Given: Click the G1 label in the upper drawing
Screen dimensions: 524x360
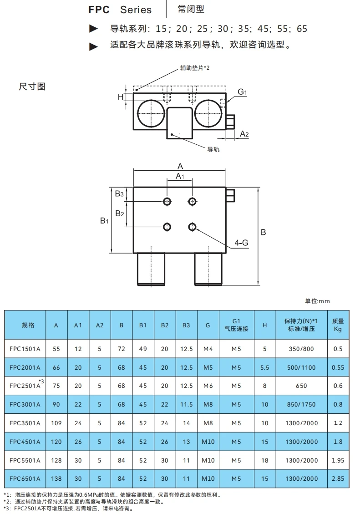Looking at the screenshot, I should (x=242, y=92).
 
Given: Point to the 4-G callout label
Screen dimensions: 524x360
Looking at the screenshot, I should (x=241, y=243).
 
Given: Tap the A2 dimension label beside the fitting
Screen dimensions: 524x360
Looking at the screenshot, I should (x=244, y=133).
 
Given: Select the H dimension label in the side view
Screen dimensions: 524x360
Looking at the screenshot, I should (x=121, y=97).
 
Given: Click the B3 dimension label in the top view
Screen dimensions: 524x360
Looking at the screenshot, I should (x=119, y=194).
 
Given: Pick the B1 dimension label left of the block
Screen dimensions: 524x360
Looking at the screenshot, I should (x=104, y=220).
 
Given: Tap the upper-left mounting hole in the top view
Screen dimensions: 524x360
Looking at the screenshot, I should (x=168, y=201).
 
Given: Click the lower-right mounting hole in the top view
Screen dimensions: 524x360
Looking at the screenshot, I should (x=193, y=226).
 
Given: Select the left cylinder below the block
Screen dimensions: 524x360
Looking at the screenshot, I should (x=151, y=269).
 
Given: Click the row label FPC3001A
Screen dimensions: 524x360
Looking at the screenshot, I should (x=25, y=404).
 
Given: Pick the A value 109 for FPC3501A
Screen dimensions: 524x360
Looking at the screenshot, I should (x=56, y=423).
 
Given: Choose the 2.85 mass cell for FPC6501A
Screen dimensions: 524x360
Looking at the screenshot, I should (x=338, y=478).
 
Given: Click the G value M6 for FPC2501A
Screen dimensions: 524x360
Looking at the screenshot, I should (x=208, y=386).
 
